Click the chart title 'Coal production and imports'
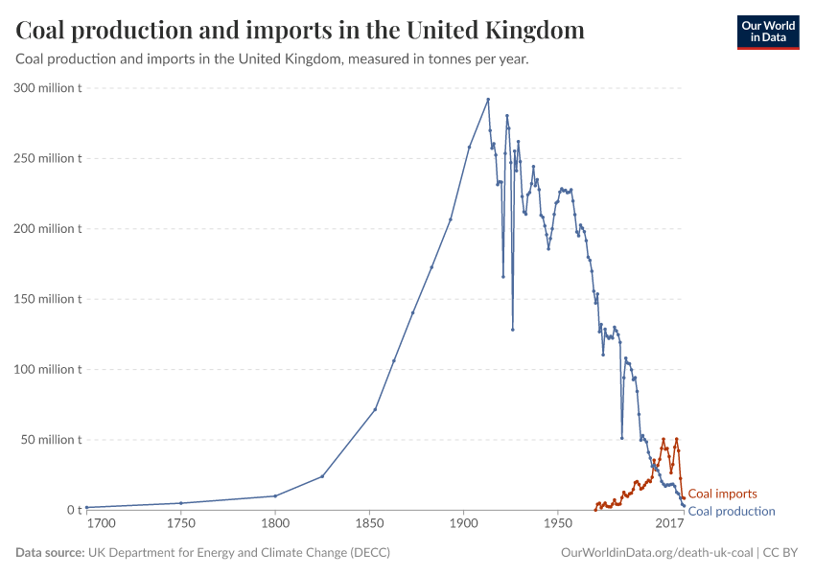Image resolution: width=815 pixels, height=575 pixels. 300,31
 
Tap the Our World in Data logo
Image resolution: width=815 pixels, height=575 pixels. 767,32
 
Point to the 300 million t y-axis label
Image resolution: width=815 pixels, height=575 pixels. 48,88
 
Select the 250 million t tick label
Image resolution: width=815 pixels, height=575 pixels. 48,158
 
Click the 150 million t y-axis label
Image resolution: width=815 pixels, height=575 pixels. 48,299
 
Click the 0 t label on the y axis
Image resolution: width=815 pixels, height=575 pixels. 74,510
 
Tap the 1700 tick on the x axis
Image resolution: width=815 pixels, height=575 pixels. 100,524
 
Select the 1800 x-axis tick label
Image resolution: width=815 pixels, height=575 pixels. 275,524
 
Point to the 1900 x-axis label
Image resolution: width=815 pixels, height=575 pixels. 464,524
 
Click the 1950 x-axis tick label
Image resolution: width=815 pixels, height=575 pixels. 558,524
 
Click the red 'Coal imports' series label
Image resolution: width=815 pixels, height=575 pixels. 722,494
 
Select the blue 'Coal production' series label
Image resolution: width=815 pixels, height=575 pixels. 732,511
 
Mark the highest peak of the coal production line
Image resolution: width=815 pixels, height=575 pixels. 488,99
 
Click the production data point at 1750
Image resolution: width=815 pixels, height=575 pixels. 181,503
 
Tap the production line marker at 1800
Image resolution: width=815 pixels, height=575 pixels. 275,495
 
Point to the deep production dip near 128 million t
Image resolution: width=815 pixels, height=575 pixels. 513,330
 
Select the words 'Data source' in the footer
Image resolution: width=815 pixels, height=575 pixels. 49,553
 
